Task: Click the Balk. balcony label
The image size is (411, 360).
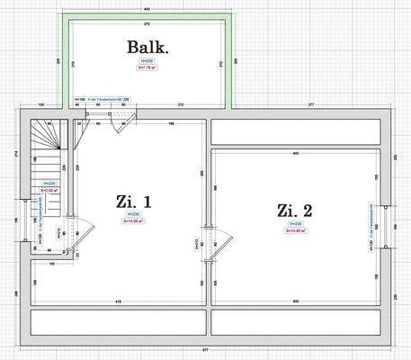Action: [x=148, y=48]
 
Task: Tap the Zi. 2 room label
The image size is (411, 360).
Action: [x=295, y=211]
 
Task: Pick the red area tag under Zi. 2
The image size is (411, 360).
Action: [x=296, y=230]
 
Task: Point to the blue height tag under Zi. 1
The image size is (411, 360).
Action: [x=133, y=214]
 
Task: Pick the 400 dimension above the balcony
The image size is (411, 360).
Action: [x=147, y=8]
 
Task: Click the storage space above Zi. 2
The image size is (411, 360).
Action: [x=295, y=131]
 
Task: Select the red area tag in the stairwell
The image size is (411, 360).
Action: [x=50, y=191]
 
